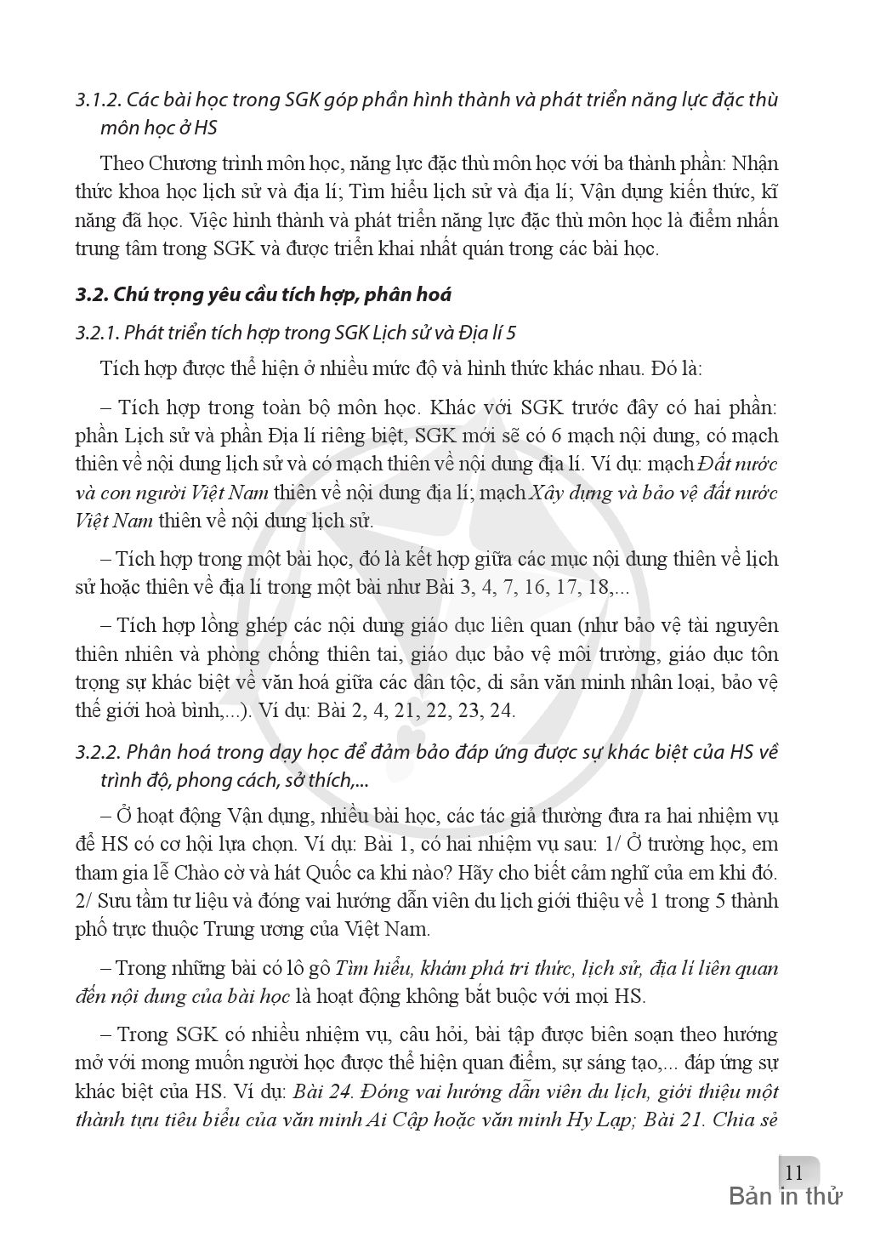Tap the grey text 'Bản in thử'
785,1197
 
